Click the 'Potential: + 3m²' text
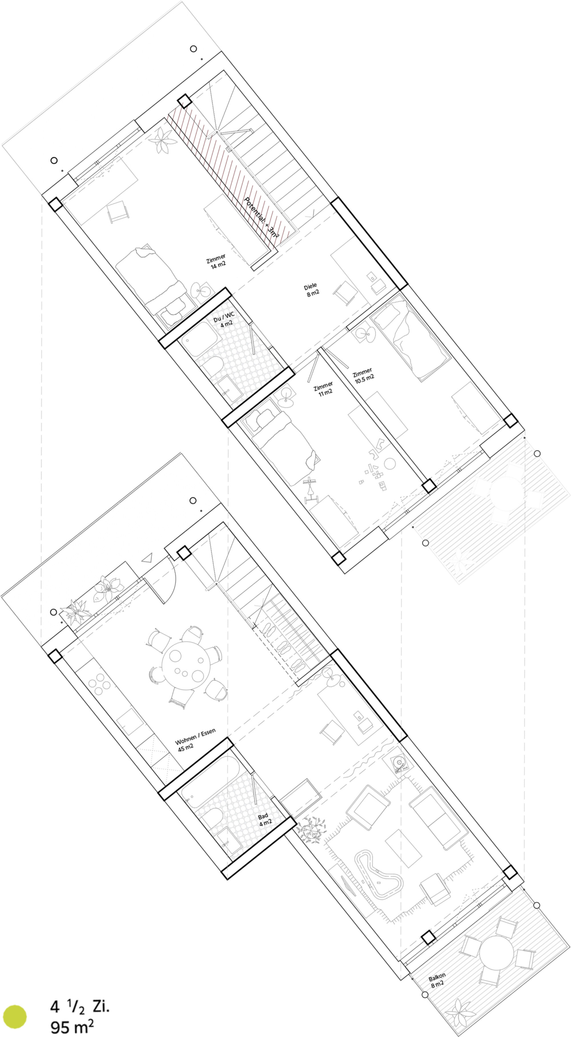click(x=262, y=219)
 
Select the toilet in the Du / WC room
click(x=211, y=364)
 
